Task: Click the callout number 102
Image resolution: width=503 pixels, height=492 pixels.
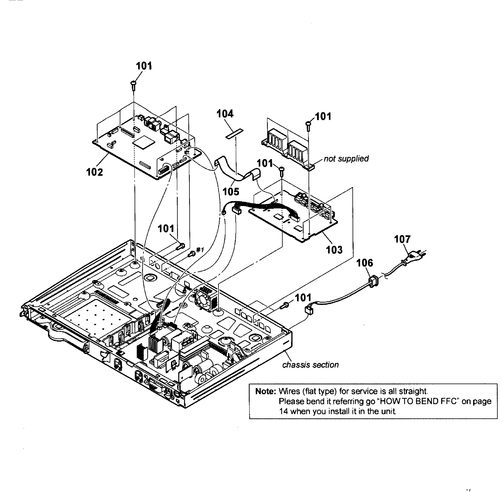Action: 94,172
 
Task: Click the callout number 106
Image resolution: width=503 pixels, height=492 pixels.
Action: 365,263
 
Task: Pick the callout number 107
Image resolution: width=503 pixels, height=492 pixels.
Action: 402,239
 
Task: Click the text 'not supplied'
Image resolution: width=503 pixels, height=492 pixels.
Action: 346,159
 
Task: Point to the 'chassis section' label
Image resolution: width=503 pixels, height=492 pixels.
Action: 310,365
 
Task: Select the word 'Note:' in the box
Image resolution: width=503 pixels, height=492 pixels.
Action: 266,391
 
